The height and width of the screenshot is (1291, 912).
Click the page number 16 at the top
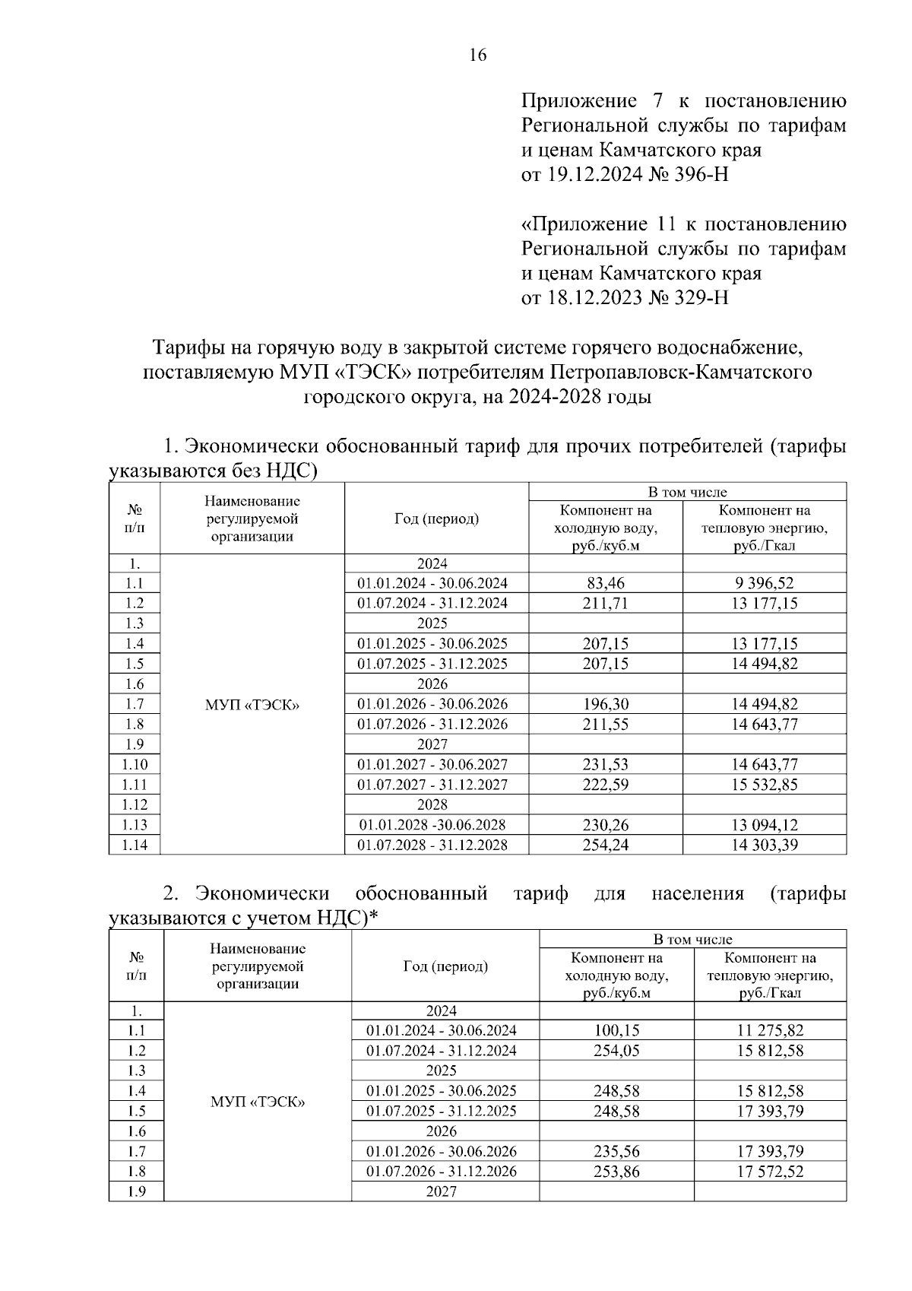[x=477, y=55]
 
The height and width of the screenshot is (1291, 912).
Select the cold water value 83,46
[x=605, y=583]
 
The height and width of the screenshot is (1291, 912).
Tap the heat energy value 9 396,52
[x=764, y=583]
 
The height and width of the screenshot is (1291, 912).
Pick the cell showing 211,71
[x=605, y=604]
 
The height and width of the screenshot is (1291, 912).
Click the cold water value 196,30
[x=605, y=704]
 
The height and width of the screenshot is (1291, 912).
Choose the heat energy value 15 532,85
[x=764, y=785]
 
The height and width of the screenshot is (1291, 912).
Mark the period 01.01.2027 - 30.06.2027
[x=432, y=765]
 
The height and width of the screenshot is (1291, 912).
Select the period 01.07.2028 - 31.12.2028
[x=432, y=845]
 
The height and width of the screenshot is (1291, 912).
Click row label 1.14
[x=135, y=845]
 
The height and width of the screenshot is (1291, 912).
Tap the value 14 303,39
[x=764, y=845]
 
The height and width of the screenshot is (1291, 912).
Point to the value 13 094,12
[x=764, y=825]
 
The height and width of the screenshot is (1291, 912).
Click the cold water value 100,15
[x=616, y=1031]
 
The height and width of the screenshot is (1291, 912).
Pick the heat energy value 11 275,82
[x=770, y=1031]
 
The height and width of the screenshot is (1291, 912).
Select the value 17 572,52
[x=770, y=1172]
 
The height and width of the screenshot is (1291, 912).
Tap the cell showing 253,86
[x=616, y=1172]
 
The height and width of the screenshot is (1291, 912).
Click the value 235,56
[x=616, y=1152]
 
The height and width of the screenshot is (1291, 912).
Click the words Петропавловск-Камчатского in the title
[x=671, y=373]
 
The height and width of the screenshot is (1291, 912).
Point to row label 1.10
[x=135, y=765]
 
